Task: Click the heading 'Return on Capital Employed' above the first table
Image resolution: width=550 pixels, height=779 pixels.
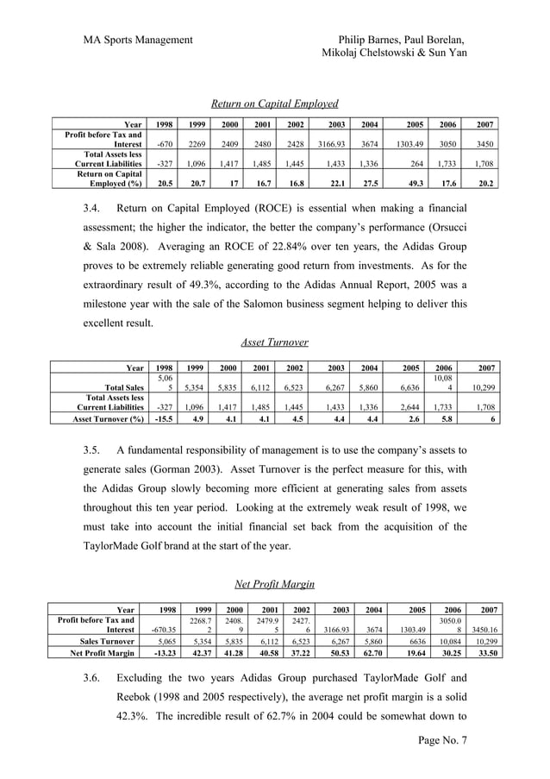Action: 275,104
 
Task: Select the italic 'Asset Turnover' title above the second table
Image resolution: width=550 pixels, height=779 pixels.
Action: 275,342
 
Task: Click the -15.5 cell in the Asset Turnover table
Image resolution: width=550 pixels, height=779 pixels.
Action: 160,420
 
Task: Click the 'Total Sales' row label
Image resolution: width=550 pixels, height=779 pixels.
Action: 122,389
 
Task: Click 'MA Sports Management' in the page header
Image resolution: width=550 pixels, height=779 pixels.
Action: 138,39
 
